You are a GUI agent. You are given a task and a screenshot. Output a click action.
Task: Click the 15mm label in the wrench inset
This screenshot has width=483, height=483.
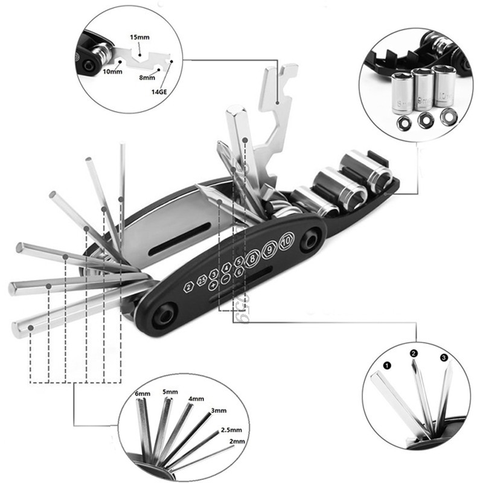coord(139,37)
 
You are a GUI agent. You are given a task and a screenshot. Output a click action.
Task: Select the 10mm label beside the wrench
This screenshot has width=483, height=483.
coord(112,71)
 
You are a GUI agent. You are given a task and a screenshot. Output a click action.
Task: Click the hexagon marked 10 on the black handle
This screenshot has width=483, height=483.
coord(286,240)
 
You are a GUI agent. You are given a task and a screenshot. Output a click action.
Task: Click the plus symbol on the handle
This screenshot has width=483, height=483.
coord(213,283)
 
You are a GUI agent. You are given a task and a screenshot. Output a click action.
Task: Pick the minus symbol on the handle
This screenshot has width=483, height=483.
coord(225,279)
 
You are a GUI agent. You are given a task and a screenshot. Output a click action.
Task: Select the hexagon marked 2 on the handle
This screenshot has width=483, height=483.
coord(188,286)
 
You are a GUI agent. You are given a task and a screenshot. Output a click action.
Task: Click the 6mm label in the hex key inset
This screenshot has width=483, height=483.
coord(142,394)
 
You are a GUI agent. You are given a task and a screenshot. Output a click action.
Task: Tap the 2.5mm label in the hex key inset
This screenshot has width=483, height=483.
coord(231,430)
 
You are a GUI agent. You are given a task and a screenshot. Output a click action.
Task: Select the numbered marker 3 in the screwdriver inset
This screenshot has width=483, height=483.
coord(444,357)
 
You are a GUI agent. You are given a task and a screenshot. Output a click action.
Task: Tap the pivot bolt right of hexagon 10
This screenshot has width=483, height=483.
coord(310,241)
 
